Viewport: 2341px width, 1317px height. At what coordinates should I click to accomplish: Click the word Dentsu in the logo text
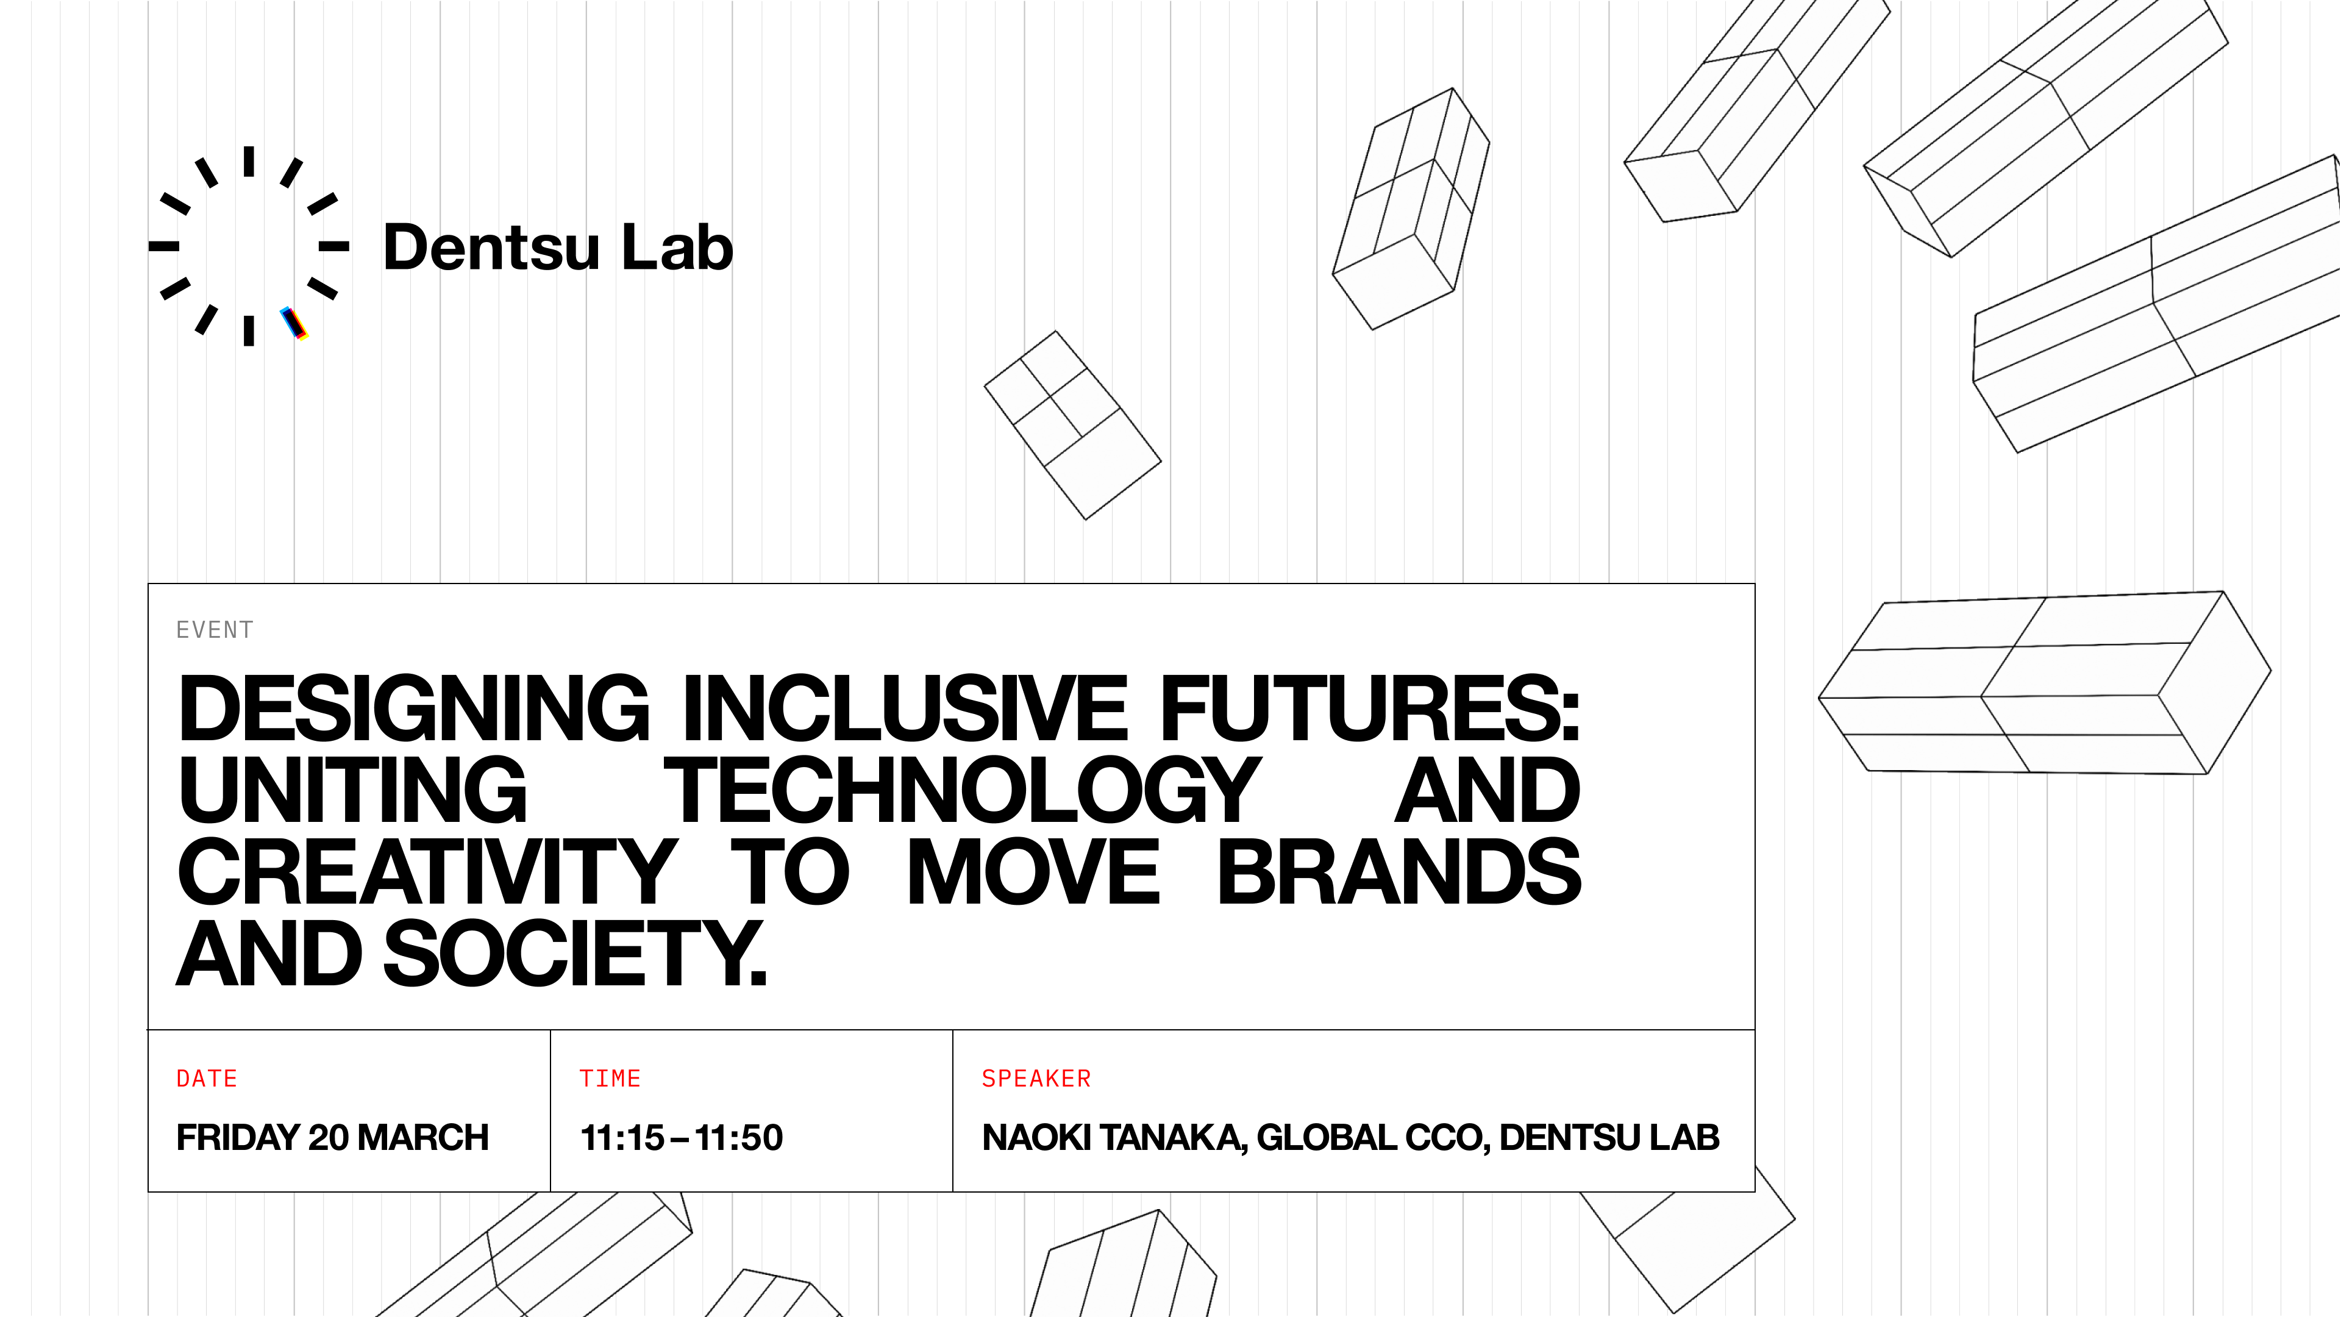pyautogui.click(x=491, y=246)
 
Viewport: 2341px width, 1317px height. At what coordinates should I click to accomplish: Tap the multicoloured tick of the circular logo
pyautogui.click(x=293, y=324)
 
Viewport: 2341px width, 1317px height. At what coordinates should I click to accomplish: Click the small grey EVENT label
pyautogui.click(x=215, y=630)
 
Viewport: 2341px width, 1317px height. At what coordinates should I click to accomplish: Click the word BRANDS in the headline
pyautogui.click(x=1400, y=873)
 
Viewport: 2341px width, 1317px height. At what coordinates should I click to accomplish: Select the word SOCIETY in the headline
pyautogui.click(x=575, y=954)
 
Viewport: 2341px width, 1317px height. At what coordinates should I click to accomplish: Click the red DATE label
pyautogui.click(x=207, y=1079)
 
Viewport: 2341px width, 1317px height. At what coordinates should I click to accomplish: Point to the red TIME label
pyautogui.click(x=611, y=1079)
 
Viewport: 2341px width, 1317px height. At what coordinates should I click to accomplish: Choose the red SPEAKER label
pyautogui.click(x=1036, y=1079)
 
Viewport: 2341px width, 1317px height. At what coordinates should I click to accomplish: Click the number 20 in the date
pyautogui.click(x=329, y=1138)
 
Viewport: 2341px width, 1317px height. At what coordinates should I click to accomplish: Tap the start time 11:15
pyautogui.click(x=622, y=1138)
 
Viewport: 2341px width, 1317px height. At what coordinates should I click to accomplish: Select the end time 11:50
pyautogui.click(x=739, y=1138)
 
